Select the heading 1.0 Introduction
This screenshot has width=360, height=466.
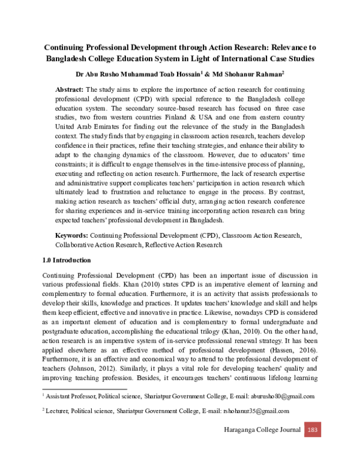coord(67,261)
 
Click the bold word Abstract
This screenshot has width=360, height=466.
coord(69,89)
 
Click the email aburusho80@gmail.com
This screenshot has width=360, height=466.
coord(276,396)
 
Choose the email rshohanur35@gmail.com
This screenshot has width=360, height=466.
coord(248,411)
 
